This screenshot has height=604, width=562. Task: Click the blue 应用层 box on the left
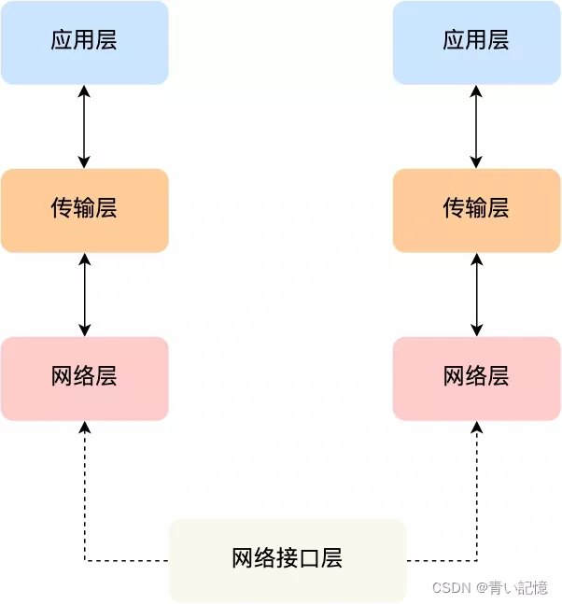pyautogui.click(x=84, y=42)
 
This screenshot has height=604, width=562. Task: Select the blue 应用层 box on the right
pyautogui.click(x=476, y=42)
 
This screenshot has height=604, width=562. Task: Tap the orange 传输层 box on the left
pyautogui.click(x=84, y=210)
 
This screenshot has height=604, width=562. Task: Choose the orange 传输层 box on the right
pyautogui.click(x=476, y=210)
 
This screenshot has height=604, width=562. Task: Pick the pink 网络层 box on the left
pyautogui.click(x=84, y=378)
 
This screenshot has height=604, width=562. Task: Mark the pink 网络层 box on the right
pyautogui.click(x=476, y=378)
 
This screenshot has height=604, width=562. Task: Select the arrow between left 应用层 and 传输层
pyautogui.click(x=85, y=126)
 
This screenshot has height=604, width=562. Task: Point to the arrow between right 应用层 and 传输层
pyautogui.click(x=477, y=126)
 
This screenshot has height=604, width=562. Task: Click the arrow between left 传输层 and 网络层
pyautogui.click(x=85, y=294)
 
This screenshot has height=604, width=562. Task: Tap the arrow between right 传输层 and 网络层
pyautogui.click(x=477, y=294)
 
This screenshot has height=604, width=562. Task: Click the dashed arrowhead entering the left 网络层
pyautogui.click(x=85, y=427)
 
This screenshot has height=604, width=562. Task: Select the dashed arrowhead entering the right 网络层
pyautogui.click(x=477, y=427)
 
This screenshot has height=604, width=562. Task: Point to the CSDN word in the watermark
pyautogui.click(x=451, y=588)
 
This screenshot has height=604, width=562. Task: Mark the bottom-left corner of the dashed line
pyautogui.click(x=85, y=561)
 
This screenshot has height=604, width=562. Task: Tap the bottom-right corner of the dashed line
pyautogui.click(x=477, y=561)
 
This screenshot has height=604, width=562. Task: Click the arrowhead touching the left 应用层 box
pyautogui.click(x=85, y=91)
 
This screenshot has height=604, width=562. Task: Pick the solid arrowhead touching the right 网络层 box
pyautogui.click(x=477, y=330)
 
